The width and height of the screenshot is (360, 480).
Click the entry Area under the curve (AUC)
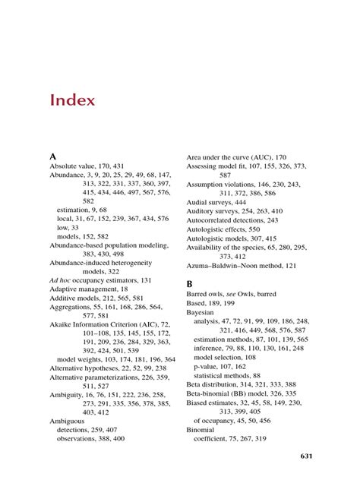click(x=232, y=156)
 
